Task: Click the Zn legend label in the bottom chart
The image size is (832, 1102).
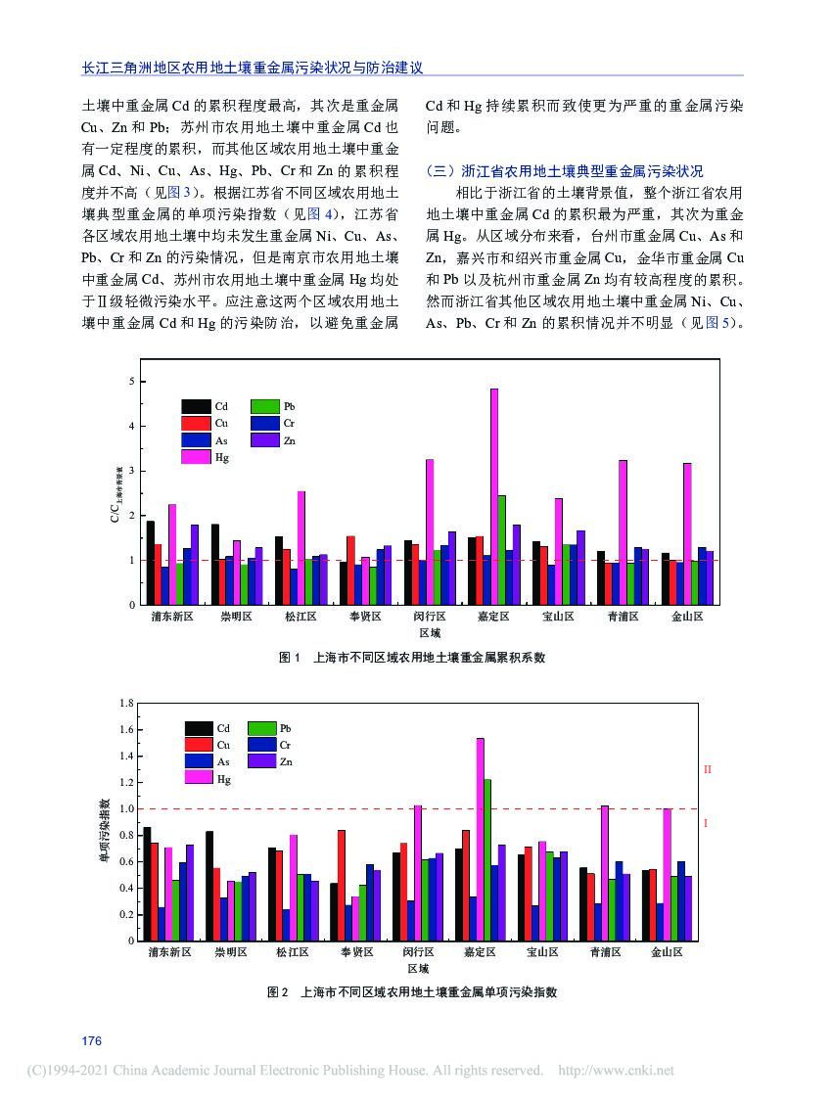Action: coord(286,761)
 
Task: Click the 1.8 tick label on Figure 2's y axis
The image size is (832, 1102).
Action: coord(125,703)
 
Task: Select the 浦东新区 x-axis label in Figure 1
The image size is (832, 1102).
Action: coord(172,618)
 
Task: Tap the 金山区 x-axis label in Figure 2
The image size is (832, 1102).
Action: coord(667,951)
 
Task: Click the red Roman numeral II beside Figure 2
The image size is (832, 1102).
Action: coord(707,770)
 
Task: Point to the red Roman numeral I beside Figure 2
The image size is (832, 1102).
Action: coord(706,824)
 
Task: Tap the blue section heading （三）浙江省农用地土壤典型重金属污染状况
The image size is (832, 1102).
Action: coord(565,170)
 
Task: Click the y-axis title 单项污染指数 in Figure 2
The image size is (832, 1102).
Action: coord(104,831)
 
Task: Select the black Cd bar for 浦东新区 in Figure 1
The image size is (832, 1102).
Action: coord(150,563)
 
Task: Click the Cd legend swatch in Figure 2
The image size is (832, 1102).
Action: coord(199,728)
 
